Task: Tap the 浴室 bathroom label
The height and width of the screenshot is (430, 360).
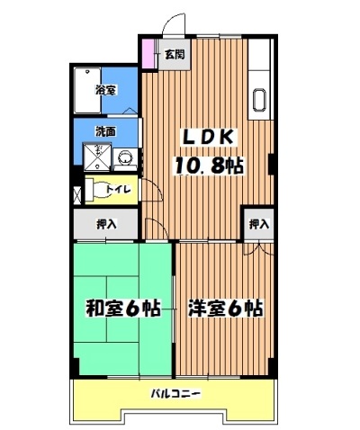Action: [105, 89]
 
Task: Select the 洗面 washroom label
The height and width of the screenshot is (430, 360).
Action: [105, 132]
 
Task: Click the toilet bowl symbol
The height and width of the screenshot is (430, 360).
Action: [94, 190]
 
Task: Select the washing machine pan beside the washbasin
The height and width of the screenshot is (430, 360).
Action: [96, 159]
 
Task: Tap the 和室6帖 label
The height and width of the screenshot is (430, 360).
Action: [122, 308]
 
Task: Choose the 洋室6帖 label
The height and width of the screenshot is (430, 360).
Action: [225, 308]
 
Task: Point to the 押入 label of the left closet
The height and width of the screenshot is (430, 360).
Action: [105, 224]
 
